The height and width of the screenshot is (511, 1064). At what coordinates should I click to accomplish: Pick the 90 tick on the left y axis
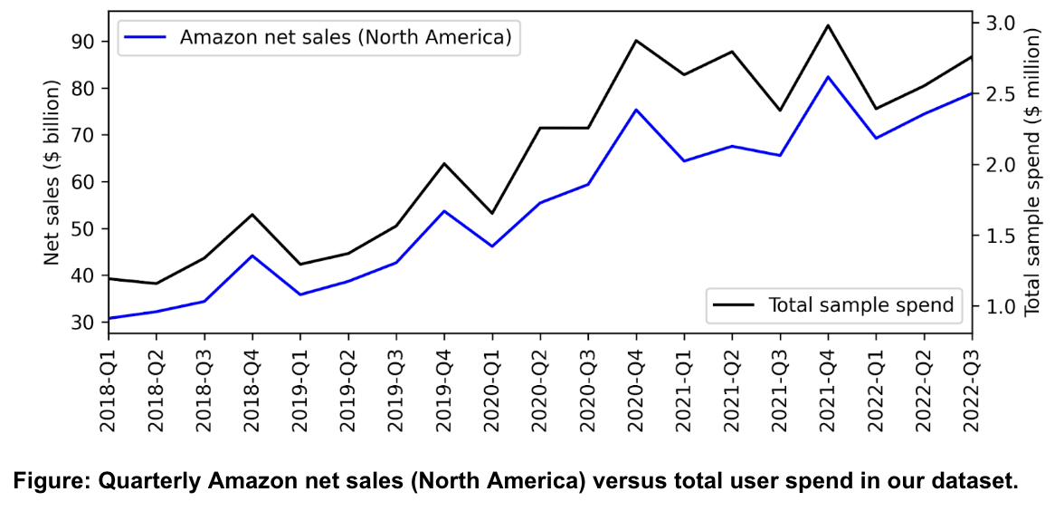coord(82,42)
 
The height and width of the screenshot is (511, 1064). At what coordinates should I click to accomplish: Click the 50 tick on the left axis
coord(82,229)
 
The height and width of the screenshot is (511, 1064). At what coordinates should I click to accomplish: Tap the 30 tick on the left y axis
coord(82,323)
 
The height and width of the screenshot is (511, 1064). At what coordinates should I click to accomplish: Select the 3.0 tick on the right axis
coord(996,23)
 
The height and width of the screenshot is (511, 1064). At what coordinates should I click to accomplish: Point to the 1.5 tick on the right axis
coord(996,236)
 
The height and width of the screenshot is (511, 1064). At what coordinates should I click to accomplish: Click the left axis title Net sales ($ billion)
coord(52,172)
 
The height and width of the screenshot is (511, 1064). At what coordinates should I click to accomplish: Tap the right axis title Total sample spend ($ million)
coord(1032,170)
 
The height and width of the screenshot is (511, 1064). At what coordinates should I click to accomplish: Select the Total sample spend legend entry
coord(860,304)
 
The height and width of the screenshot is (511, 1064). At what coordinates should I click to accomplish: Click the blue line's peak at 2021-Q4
coord(829,77)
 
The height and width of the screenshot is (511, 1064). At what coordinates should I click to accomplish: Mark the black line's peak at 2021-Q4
coord(829,25)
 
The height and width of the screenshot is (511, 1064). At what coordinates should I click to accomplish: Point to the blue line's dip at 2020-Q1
coord(492,246)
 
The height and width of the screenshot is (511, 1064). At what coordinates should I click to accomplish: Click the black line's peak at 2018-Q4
coord(252,215)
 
